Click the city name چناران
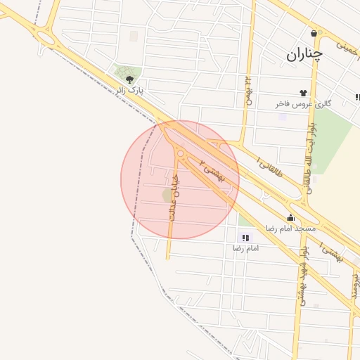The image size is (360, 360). click(304, 54)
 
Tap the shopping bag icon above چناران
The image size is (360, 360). click(313, 32)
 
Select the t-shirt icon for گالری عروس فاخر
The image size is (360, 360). click(304, 92)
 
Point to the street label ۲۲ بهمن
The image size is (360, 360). click(247, 91)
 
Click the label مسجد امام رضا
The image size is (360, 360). click(290, 229)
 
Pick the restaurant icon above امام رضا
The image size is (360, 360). click(245, 238)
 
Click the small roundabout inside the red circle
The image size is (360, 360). click(181, 153)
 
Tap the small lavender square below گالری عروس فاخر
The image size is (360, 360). click(283, 116)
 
